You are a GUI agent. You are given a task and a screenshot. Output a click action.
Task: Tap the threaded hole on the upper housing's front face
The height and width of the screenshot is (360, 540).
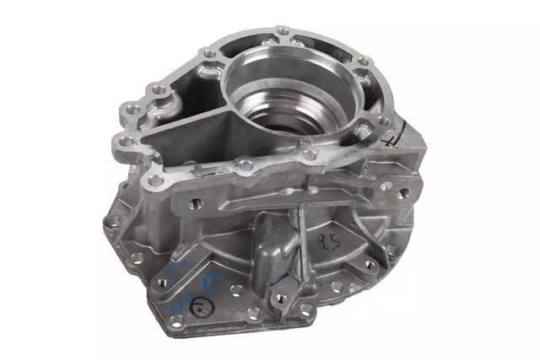(196, 203)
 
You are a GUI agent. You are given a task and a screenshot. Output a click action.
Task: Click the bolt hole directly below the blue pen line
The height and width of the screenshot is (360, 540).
(285, 297)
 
